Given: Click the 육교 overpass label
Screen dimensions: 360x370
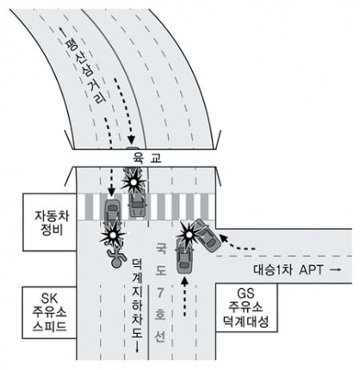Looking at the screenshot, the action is [x=147, y=157].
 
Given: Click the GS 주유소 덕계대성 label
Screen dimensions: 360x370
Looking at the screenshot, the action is [x=246, y=308].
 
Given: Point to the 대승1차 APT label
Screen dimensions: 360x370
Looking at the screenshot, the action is [x=288, y=270].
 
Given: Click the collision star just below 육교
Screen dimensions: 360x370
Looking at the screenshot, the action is [x=133, y=182].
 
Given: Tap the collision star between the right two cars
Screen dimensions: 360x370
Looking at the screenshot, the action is [x=189, y=235].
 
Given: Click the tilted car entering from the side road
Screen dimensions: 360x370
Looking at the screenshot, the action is [x=207, y=235].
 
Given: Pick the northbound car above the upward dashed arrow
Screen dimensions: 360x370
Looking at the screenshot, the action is [x=184, y=256].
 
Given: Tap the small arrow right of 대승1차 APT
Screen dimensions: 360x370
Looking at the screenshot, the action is [x=334, y=270].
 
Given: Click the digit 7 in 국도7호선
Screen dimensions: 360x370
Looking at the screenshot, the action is [x=159, y=293].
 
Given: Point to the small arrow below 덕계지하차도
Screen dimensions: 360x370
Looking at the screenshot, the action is [x=137, y=347].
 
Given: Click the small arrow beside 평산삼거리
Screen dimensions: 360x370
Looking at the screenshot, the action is [x=61, y=34].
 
